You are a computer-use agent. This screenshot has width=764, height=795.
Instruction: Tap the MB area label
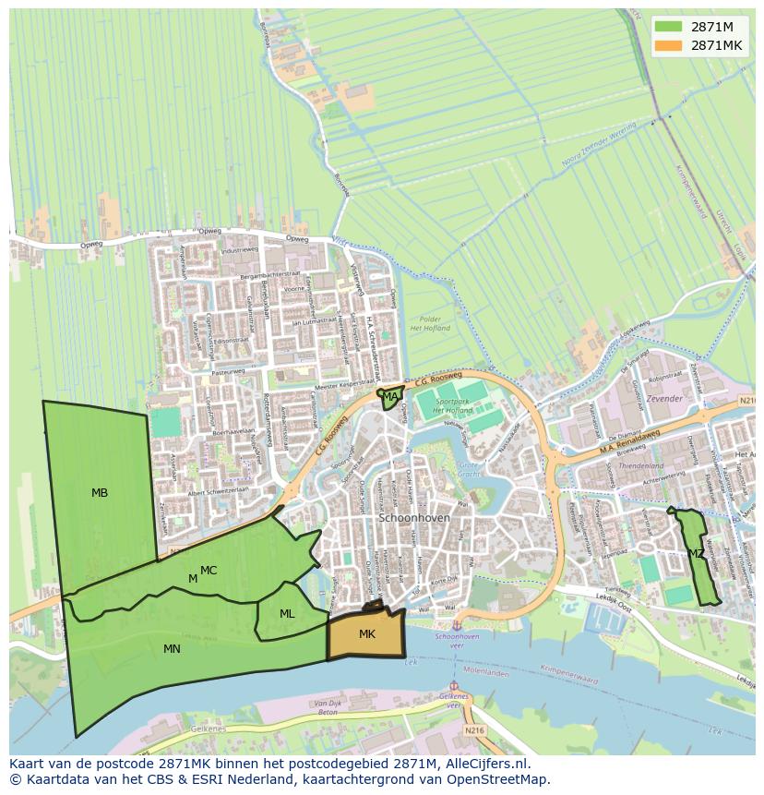pos(100,493)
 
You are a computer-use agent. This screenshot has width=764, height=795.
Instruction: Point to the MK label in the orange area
pos(367,634)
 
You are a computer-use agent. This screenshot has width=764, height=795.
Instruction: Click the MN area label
pos(172,649)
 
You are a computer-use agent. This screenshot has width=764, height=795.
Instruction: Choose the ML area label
pos(287,614)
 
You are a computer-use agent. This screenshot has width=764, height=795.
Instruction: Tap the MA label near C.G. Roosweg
pos(390,397)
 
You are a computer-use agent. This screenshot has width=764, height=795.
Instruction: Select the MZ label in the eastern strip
pos(696,554)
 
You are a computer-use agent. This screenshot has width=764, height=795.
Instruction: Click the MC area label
pos(209,571)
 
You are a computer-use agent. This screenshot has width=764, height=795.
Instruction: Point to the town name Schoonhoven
pos(414,518)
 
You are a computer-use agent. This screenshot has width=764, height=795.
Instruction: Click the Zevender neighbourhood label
pos(664,399)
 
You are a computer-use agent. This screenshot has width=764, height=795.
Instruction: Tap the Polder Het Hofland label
pos(430,323)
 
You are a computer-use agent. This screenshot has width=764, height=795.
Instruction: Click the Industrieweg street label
pos(240,250)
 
